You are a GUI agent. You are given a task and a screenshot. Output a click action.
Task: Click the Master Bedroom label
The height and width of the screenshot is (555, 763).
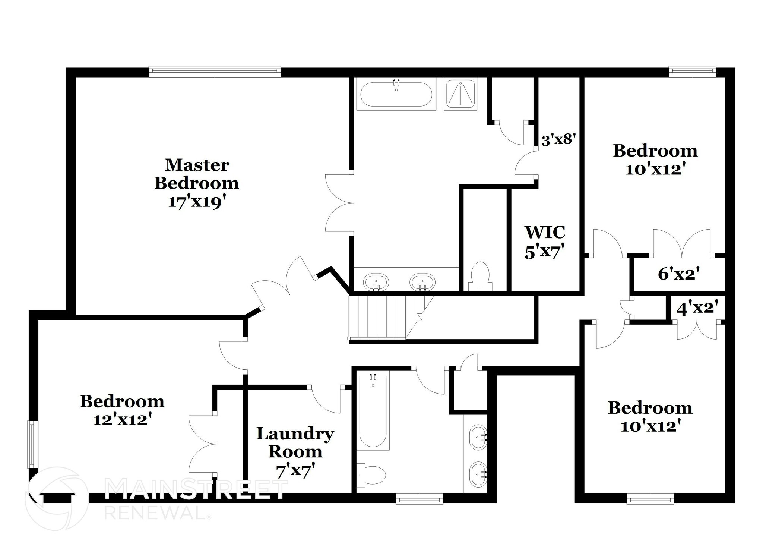(x=197, y=174)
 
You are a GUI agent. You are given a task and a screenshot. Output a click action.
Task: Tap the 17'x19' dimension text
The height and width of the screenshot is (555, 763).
(x=197, y=202)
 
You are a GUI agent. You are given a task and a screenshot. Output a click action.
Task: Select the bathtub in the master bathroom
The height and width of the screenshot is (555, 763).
(x=396, y=94)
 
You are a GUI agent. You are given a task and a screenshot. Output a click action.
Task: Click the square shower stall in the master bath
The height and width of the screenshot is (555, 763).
(x=460, y=94)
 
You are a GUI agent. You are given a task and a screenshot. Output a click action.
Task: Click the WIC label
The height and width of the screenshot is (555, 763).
(x=545, y=232)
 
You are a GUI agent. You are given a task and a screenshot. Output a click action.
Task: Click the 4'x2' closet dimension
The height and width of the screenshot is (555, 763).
(x=697, y=309)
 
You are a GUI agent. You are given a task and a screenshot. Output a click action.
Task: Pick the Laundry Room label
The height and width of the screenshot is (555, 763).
(x=295, y=442)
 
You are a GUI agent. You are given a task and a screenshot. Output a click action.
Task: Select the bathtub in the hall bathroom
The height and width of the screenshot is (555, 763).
(x=373, y=410)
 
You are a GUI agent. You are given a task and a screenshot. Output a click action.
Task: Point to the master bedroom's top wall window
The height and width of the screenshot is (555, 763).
(x=215, y=71)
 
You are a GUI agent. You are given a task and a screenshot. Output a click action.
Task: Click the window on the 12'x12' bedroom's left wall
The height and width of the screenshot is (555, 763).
(x=33, y=444)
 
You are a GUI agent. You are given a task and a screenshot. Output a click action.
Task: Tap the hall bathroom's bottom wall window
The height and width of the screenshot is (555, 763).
(x=419, y=498)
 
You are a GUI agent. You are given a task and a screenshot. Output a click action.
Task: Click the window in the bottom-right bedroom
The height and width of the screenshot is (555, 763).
(x=650, y=498)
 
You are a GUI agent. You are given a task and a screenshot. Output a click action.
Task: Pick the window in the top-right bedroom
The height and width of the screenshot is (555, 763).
(x=692, y=71)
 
